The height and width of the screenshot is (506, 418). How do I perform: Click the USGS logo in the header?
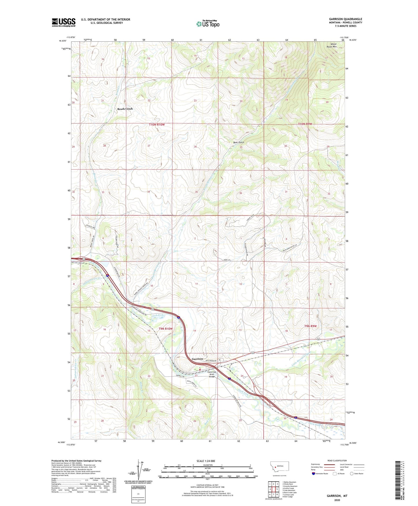click(64, 22)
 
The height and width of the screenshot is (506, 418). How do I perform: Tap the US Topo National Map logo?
click(208, 24)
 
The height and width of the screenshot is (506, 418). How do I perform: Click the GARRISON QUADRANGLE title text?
click(345, 19)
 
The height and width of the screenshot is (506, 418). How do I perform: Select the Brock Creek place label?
click(125, 109)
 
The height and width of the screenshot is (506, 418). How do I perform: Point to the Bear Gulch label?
click(239, 142)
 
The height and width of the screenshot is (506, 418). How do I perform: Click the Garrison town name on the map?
click(197, 359)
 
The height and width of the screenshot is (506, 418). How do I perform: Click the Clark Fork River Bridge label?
click(212, 374)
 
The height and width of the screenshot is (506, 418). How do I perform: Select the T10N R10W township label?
click(157, 125)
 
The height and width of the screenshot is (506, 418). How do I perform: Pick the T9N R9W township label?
click(310, 326)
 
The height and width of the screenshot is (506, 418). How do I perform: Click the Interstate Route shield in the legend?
click(313, 474)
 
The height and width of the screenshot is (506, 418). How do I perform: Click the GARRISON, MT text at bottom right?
click(337, 496)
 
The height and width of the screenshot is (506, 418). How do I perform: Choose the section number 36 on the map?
click(240, 193)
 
